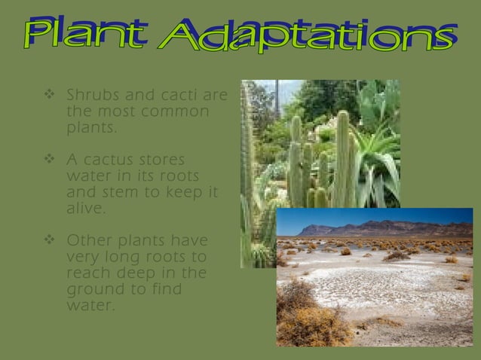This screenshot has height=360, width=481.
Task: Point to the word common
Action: (176, 111)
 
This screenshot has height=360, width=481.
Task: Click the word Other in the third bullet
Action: (87, 241)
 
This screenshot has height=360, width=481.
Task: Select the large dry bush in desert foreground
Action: (309, 316)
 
